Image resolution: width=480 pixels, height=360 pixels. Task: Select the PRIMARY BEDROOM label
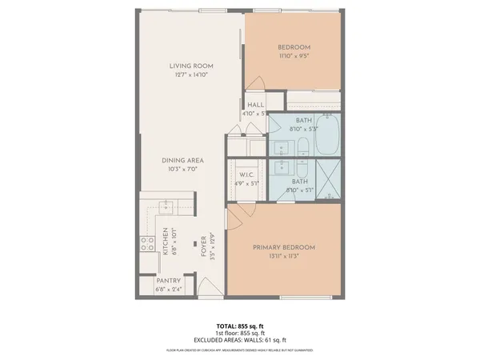coord(283,247)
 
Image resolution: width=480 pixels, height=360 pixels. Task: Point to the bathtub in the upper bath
coord(327,137)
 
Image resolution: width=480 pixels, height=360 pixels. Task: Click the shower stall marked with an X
coord(327,180)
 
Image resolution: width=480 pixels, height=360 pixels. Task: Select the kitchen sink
coord(166,209)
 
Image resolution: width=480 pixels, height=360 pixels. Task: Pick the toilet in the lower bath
coord(305,168)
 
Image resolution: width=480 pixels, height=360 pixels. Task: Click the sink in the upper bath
coord(282,148)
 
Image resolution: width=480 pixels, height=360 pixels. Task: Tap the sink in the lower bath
coord(282,167)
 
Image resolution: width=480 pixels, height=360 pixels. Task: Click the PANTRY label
coord(168,281)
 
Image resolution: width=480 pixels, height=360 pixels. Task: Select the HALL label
coord(256,105)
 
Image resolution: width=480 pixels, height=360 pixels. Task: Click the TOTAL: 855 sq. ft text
coord(239,326)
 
